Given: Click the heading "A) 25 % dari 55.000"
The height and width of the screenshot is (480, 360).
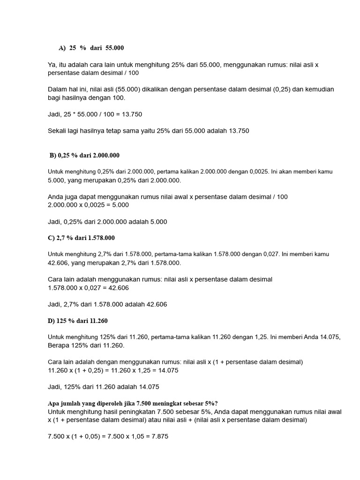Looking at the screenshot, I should click(x=91, y=48).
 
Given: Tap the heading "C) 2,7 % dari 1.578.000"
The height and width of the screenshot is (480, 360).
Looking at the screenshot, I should click(x=81, y=238).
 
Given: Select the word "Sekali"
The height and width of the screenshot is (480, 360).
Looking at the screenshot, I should click(x=58, y=131).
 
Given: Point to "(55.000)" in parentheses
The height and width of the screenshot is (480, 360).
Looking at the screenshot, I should click(x=124, y=90).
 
